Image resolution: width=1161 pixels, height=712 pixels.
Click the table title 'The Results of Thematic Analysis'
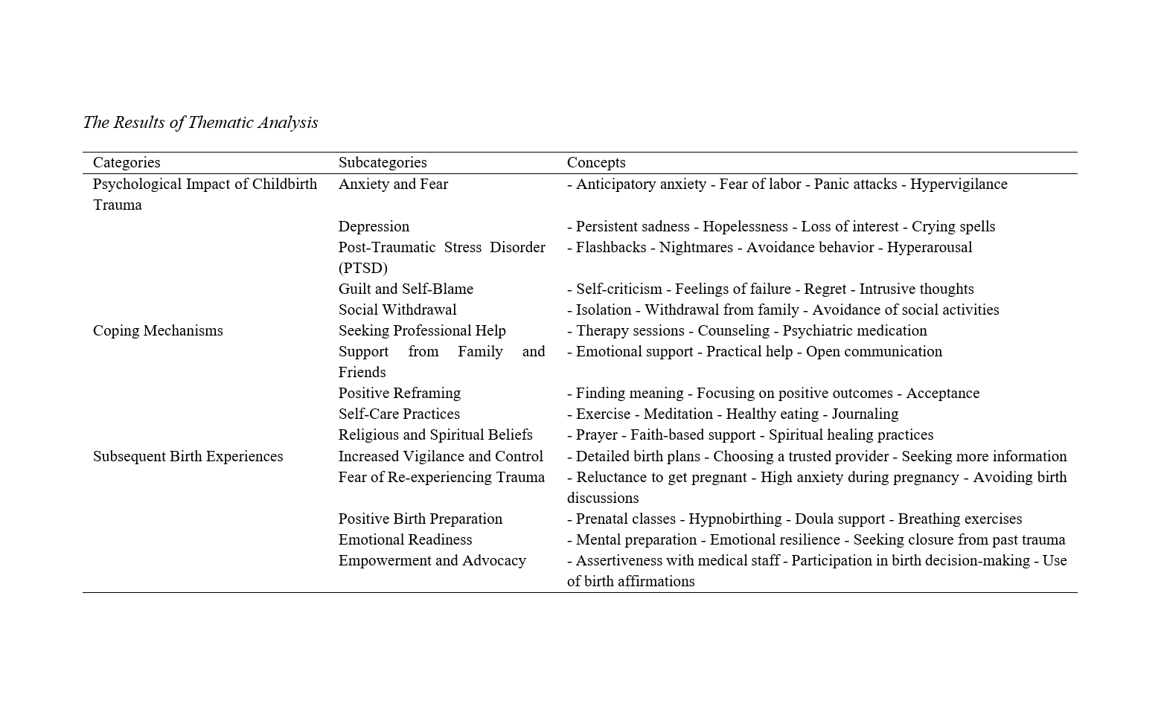(200, 123)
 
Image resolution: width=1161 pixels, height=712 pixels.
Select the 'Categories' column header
(127, 162)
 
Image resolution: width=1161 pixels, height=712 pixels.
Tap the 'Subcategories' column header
(383, 162)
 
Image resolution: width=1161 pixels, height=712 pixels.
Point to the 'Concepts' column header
(596, 162)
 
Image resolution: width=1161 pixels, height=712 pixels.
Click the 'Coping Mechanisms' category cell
(158, 330)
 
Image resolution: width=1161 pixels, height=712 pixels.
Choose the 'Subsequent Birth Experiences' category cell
(188, 456)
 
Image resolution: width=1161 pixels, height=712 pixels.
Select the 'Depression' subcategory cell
(374, 226)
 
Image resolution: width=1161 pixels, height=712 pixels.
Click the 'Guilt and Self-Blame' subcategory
(406, 289)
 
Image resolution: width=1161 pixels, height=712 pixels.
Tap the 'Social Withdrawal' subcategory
(397, 310)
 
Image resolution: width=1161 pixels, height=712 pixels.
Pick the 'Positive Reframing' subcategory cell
(400, 393)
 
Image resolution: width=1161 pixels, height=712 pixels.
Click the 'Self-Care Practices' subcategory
(399, 414)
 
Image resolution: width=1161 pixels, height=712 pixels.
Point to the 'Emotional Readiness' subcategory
(405, 539)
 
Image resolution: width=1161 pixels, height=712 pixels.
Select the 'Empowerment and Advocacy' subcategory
(432, 560)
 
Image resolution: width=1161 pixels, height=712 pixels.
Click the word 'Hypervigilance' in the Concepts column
(959, 184)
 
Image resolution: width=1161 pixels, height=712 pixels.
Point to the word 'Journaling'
(865, 414)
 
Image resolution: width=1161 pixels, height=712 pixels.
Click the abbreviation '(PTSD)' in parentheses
(362, 268)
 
